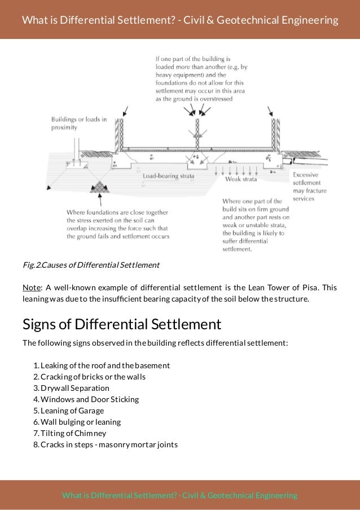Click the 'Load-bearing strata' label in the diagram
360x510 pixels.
(168, 176)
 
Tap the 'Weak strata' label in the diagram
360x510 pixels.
(241, 179)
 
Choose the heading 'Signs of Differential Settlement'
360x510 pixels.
(121, 325)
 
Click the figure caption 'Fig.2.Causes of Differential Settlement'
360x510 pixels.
(91, 264)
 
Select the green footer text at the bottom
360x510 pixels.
(179, 495)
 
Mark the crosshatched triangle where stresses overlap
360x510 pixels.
(101, 186)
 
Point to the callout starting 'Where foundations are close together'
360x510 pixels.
(118, 224)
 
